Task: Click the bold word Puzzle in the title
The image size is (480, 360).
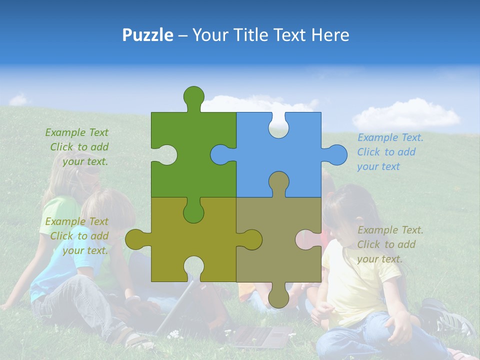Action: tap(148, 35)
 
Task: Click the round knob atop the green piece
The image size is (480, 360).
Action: tap(193, 96)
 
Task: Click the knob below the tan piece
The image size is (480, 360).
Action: tap(278, 297)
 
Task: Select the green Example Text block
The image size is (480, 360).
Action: tap(78, 147)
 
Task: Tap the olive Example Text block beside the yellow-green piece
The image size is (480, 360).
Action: tap(78, 236)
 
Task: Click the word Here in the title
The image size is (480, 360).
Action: tap(330, 35)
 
